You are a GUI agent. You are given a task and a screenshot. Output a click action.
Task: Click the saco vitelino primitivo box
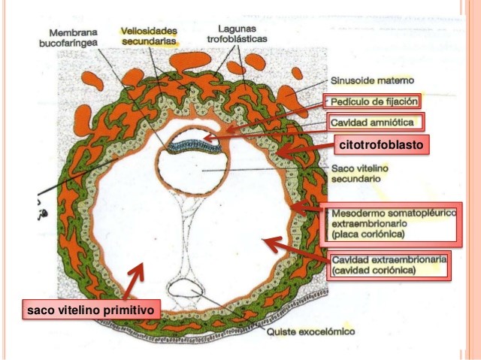90,308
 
